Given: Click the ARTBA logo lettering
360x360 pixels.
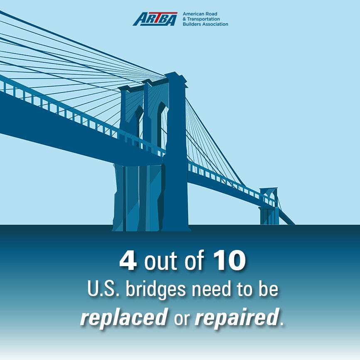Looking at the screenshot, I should pos(154,19).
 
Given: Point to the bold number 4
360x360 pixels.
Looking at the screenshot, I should pos(128,261).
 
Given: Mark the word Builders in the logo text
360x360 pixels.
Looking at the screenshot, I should pos(192,24).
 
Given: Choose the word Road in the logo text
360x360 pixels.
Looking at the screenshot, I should pos(212,14).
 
